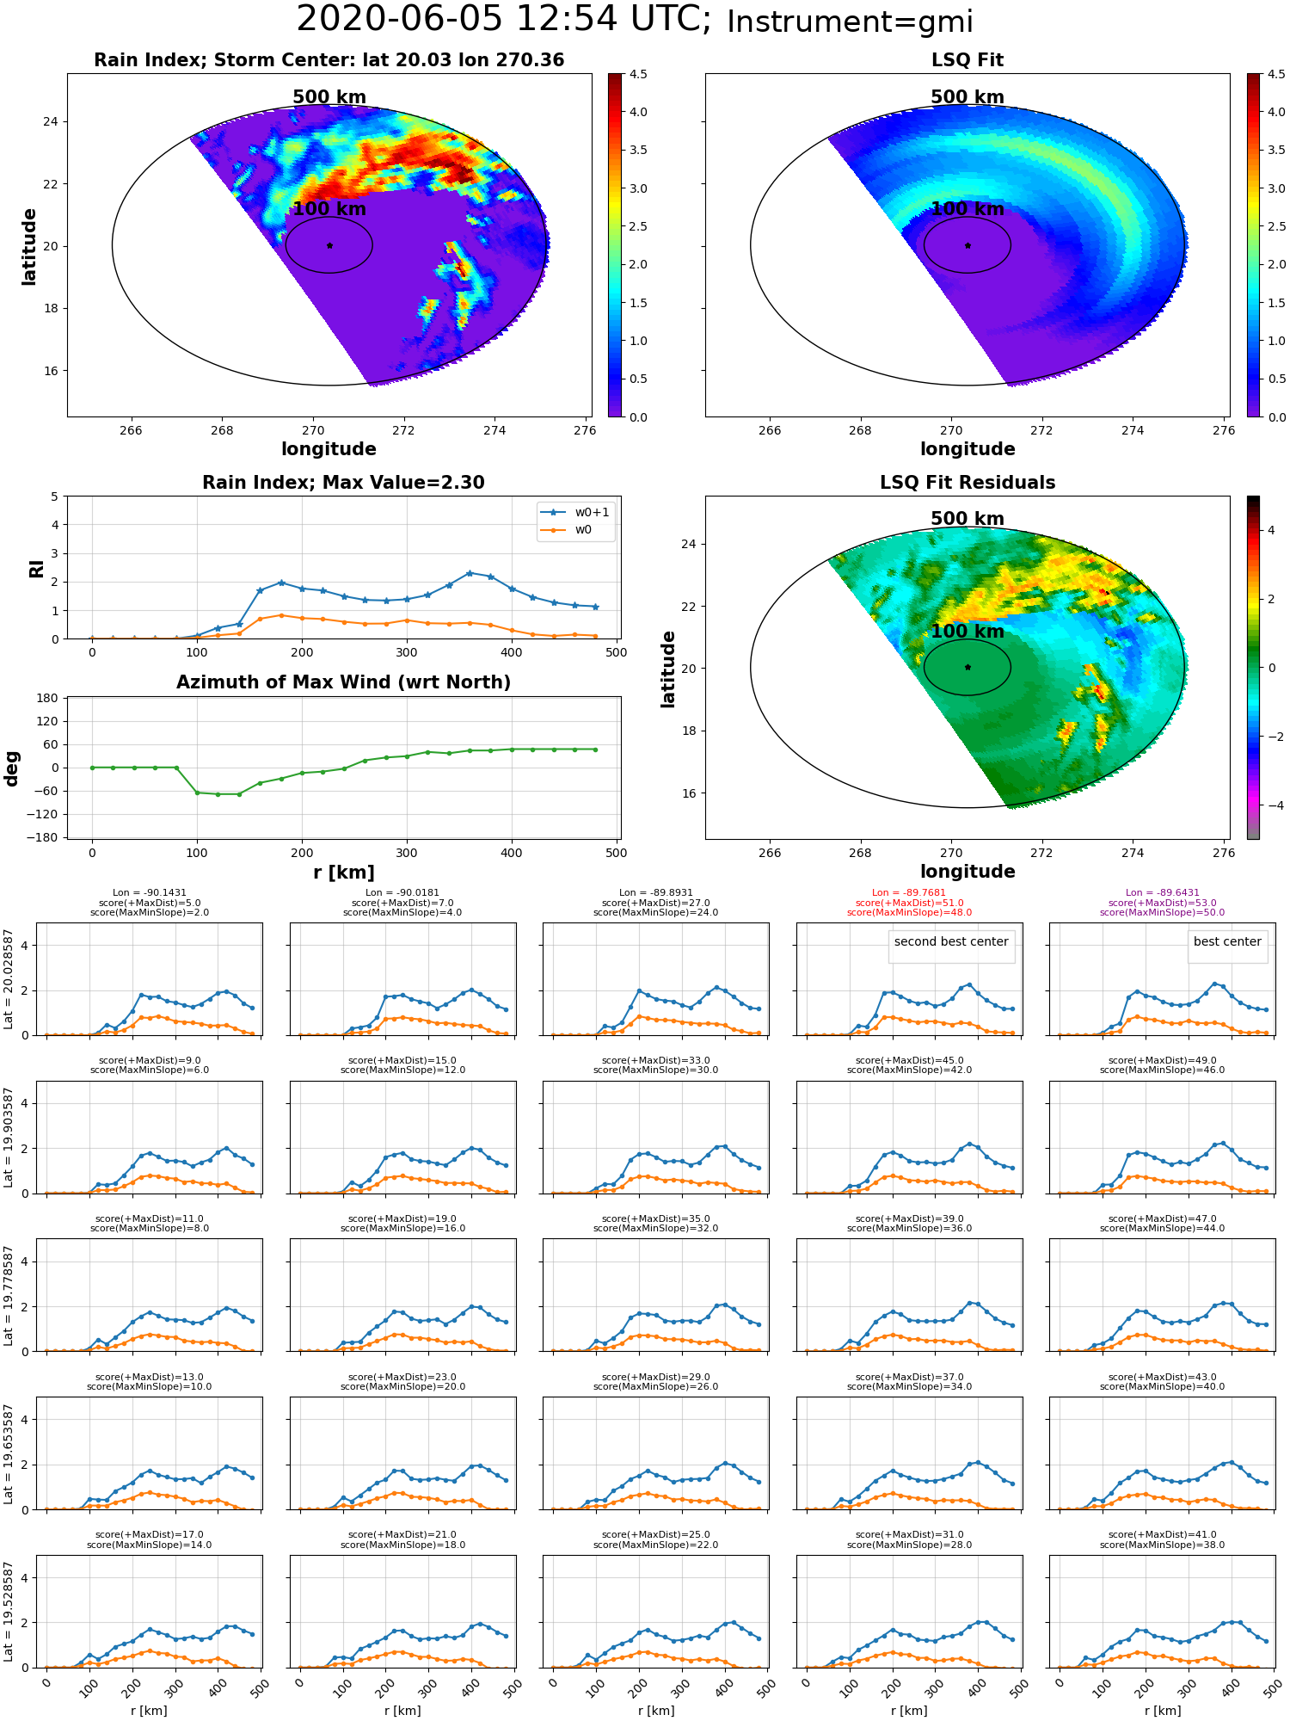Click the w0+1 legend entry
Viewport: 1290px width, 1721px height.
tap(575, 512)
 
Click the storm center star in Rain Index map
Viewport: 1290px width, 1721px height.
tap(329, 245)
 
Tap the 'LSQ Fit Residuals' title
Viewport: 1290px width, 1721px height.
tap(967, 483)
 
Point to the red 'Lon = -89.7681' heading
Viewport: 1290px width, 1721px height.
tap(909, 893)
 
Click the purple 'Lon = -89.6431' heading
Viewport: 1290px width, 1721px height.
tap(1162, 893)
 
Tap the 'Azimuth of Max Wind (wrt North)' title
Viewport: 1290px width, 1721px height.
tap(343, 682)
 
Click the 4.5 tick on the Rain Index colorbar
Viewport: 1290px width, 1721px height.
tap(638, 74)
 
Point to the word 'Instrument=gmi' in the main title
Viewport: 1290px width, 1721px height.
tap(850, 22)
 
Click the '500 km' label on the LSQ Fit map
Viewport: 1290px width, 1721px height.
tap(967, 97)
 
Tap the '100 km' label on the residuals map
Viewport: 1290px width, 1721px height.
tap(967, 632)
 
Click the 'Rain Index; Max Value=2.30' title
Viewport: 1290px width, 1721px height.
tap(343, 483)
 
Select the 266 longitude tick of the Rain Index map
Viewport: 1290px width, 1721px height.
tap(131, 430)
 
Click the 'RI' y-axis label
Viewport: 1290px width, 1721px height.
tap(36, 568)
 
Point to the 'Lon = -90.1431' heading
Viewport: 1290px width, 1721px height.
tap(150, 893)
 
